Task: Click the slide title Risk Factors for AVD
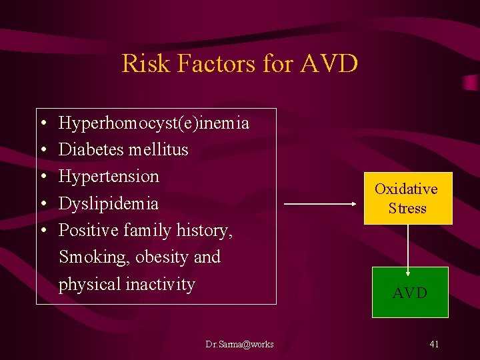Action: coord(240,64)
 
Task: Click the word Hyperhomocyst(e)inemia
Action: coord(154,123)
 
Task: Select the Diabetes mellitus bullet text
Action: coord(123,150)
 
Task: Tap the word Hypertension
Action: coord(109,177)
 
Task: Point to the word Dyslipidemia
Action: coord(109,203)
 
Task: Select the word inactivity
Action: coord(162,285)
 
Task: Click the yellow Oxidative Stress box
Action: coord(406,198)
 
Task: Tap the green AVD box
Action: coord(409,293)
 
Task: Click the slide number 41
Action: coord(434,344)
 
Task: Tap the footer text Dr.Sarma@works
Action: coord(239,345)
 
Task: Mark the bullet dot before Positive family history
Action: coord(42,231)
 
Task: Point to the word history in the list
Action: coord(203,231)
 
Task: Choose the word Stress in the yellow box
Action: coord(407,208)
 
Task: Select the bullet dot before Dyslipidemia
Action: coord(42,204)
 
